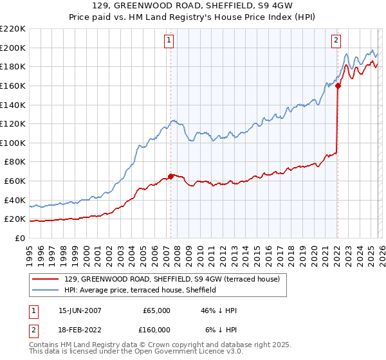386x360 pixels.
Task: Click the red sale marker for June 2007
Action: coord(170,175)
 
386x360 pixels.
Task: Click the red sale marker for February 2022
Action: coord(337,85)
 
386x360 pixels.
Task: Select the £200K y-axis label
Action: coord(13,48)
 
